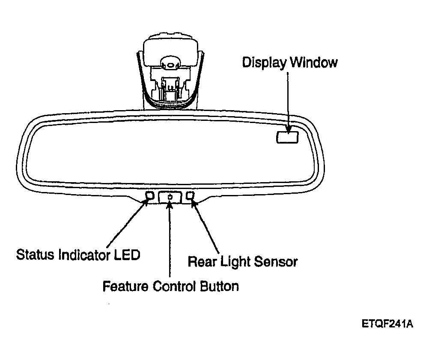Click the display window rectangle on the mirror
[x=287, y=137]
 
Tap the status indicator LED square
[x=150, y=195]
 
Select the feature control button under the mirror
[x=170, y=197]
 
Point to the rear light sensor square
[x=190, y=195]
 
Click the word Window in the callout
[x=314, y=62]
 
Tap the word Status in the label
[x=35, y=255]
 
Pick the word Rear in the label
[x=202, y=261]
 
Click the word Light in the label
[x=235, y=261]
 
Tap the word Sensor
[x=276, y=261]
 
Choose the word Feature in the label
[x=125, y=286]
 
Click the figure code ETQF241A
[x=387, y=324]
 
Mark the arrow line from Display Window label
[x=288, y=102]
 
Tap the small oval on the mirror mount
[x=170, y=65]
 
